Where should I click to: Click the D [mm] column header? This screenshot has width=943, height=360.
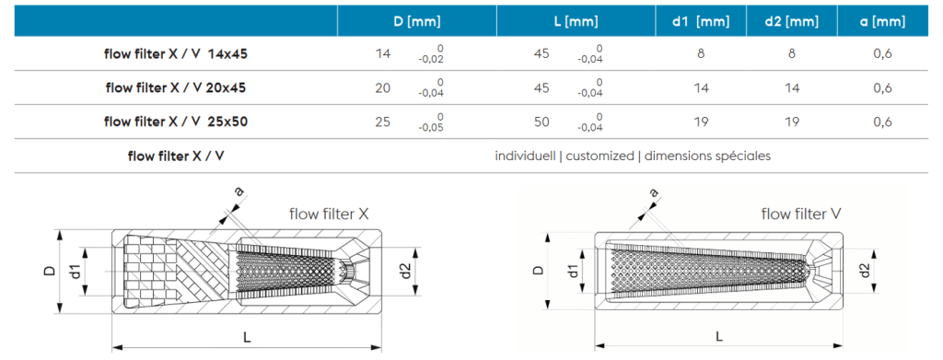coord(417,22)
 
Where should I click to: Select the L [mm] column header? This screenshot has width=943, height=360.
coord(576,22)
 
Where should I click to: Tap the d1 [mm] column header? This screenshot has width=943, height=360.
coord(701,22)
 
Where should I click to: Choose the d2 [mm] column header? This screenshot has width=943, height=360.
coord(791,22)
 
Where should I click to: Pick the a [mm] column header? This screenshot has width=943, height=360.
coord(883,22)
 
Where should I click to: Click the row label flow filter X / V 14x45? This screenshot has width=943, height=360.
coord(176,53)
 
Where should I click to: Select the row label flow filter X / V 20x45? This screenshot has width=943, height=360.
coord(176,87)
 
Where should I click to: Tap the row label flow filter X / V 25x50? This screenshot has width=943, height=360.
coord(176,122)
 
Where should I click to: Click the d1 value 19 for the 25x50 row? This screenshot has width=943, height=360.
coord(701,122)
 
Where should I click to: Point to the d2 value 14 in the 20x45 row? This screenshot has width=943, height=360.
coord(791,87)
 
